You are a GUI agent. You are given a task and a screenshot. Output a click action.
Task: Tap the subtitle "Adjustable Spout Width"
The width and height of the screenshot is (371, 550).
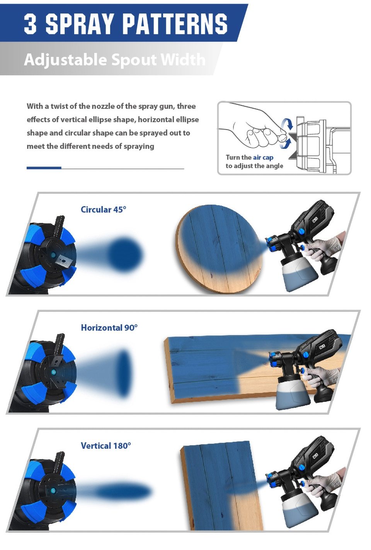pyautogui.click(x=115, y=60)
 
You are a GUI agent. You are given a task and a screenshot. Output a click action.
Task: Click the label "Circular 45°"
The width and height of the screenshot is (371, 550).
pyautogui.click(x=103, y=209)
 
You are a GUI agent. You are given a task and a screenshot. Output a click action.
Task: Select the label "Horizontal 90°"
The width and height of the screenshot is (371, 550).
pyautogui.click(x=109, y=327)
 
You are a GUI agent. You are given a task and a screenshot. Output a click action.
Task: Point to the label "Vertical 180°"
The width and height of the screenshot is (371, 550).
pyautogui.click(x=106, y=446)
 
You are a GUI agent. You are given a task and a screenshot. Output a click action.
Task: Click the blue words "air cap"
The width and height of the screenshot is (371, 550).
pyautogui.click(x=263, y=157)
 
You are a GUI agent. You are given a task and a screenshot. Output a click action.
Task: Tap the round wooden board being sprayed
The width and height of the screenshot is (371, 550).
pyautogui.click(x=218, y=249)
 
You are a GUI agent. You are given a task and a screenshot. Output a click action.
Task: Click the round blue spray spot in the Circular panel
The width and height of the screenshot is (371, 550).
pyautogui.click(x=125, y=254)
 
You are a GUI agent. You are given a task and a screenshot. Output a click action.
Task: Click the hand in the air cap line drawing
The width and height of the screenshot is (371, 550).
pyautogui.click(x=253, y=128)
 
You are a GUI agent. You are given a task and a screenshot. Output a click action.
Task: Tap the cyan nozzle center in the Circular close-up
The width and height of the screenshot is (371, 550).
pyautogui.click(x=53, y=255)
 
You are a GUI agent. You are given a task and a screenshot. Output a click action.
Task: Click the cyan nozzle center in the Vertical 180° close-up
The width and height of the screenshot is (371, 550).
pyautogui.click(x=53, y=491)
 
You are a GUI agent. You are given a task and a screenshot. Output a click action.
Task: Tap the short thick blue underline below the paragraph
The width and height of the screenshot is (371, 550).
pyautogui.click(x=44, y=168)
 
